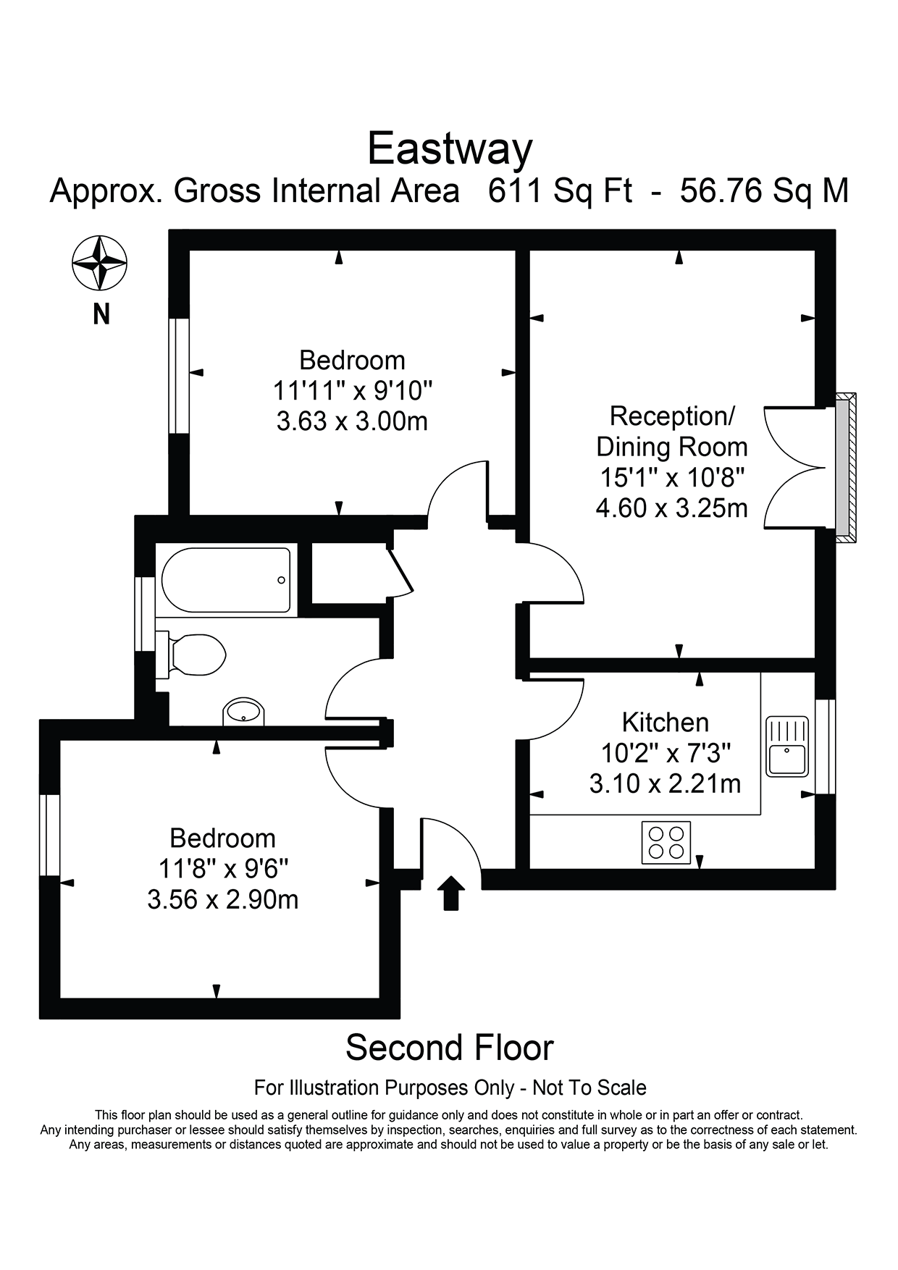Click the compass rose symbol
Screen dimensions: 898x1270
click(100, 261)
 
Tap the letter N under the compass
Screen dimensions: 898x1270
click(101, 314)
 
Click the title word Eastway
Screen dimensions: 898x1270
click(450, 149)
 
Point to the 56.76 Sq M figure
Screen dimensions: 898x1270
click(764, 191)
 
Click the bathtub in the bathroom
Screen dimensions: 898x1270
click(226, 580)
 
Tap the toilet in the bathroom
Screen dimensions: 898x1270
click(196, 655)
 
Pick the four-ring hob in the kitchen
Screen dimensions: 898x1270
click(666, 843)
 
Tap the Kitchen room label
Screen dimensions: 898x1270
click(665, 722)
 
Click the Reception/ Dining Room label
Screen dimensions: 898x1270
click(671, 432)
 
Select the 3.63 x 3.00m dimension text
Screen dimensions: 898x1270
click(352, 421)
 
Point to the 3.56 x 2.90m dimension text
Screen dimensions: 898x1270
click(222, 899)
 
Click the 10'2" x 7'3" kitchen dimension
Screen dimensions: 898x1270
click(665, 753)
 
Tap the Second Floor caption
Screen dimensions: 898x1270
click(449, 1048)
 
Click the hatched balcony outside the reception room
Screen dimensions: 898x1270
click(845, 468)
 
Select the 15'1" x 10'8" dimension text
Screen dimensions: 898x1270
click(671, 478)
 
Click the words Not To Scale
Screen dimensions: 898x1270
click(589, 1088)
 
